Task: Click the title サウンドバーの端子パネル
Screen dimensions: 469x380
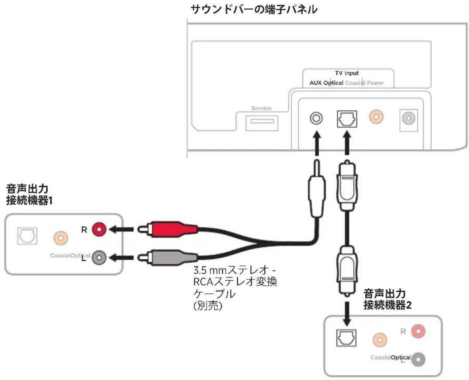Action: coord(254,10)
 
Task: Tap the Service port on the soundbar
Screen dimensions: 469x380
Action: coord(262,123)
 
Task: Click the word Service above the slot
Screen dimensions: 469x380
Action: coord(261,108)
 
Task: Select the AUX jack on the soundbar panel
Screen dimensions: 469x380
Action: coord(316,118)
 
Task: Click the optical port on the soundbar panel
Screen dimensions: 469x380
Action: coord(347,119)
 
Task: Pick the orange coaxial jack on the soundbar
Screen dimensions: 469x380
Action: coord(376,117)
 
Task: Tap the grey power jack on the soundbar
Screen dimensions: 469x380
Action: coord(409,118)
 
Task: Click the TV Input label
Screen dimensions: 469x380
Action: coord(347,73)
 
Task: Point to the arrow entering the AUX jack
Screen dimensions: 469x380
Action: coord(317,143)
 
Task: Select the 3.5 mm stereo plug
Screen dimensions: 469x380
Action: coord(316,189)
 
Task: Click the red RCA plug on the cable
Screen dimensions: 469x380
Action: coord(167,229)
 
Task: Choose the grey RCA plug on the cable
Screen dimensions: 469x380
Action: coord(167,257)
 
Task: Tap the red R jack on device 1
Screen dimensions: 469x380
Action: coord(99,229)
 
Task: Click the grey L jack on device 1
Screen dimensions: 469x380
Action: coord(99,257)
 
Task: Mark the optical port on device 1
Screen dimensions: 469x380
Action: coord(27,236)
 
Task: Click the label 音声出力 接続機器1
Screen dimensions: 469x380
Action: coord(29,195)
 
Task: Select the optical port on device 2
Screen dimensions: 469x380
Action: coord(346,338)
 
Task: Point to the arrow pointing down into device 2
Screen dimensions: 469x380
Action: coord(347,314)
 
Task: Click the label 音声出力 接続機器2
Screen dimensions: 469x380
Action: coord(387,299)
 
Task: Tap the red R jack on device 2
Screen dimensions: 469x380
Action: coord(418,331)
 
